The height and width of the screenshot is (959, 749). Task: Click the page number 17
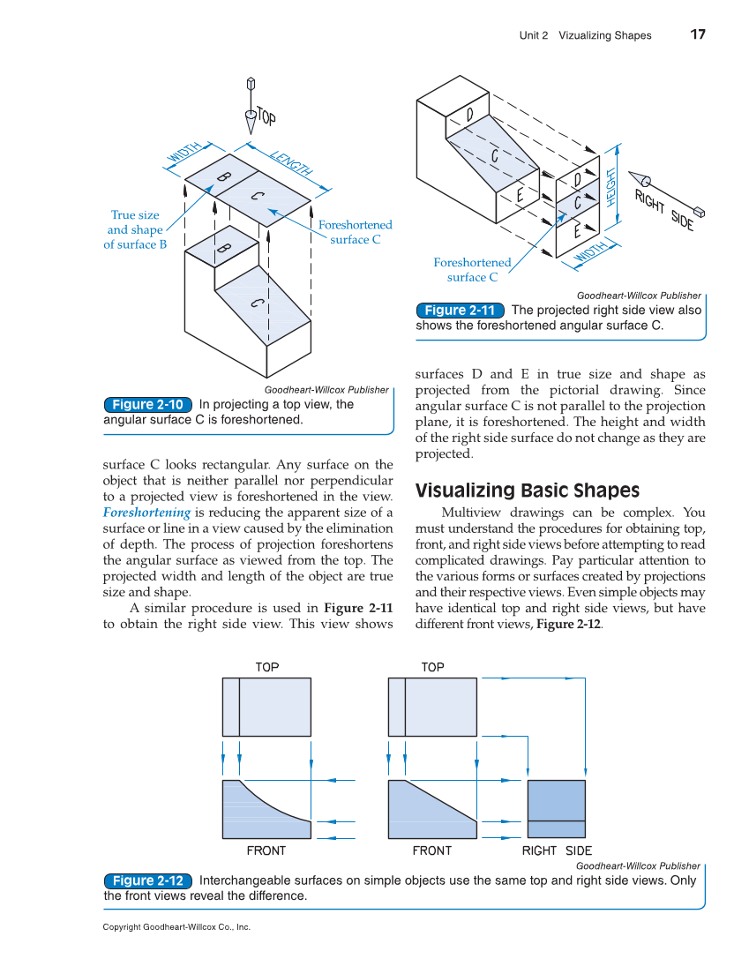pos(697,34)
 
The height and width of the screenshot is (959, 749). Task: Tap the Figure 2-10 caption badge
pos(147,404)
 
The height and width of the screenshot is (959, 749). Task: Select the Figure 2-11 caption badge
pos(460,310)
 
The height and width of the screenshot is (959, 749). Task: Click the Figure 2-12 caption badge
pos(148,880)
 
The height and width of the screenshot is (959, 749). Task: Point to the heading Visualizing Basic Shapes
pos(527,491)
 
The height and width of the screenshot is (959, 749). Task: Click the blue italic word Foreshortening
pos(146,513)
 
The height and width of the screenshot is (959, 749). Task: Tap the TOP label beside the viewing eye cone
pos(266,115)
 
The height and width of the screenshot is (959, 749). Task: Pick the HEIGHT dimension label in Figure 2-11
pos(610,187)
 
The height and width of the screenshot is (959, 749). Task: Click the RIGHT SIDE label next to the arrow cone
pos(664,210)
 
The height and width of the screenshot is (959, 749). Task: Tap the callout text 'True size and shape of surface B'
pos(135,229)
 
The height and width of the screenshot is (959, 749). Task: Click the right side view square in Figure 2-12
pos(556,809)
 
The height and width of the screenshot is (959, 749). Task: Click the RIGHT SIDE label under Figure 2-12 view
pos(557,850)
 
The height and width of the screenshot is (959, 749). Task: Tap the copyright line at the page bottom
pos(176,927)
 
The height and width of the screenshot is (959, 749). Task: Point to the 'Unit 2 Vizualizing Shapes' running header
pos(585,35)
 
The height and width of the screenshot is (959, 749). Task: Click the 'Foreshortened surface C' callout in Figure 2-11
pos(472,270)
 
